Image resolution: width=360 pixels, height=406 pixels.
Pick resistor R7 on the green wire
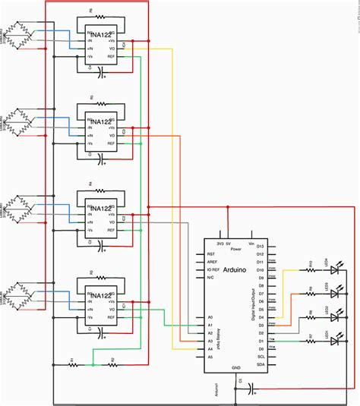point(310,340)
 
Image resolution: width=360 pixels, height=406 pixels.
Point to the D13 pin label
point(260,246)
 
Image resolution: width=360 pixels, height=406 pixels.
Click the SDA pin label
point(260,364)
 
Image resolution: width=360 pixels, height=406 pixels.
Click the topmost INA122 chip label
point(99,32)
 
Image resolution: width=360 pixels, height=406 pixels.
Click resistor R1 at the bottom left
point(73,364)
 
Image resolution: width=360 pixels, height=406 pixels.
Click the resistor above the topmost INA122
point(98,17)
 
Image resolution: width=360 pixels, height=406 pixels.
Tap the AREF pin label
point(212,262)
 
